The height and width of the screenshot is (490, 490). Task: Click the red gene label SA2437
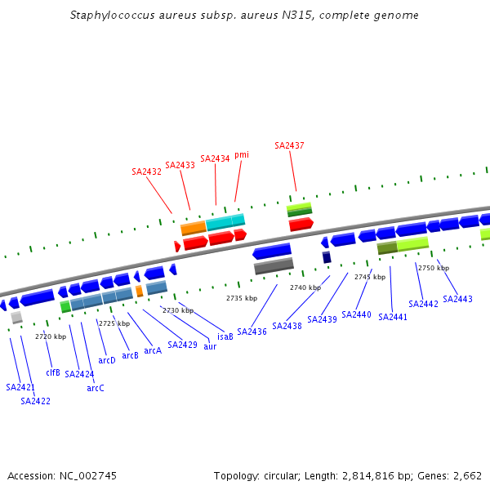(289, 145)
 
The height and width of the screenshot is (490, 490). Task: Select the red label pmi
(242, 154)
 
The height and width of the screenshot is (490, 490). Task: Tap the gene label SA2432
(146, 171)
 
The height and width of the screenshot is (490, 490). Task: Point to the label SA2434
(215, 158)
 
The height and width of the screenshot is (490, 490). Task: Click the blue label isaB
(225, 336)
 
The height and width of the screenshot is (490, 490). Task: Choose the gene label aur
(210, 346)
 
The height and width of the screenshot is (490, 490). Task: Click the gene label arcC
(96, 388)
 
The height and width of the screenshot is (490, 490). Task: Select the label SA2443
(457, 299)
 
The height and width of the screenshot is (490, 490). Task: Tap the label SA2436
(252, 332)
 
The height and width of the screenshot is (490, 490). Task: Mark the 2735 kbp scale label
(241, 298)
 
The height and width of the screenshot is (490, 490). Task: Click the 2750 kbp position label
(433, 268)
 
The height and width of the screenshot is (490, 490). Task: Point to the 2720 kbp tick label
(50, 336)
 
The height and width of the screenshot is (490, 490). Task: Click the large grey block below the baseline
(274, 265)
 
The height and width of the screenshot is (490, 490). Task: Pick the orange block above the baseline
(193, 228)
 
